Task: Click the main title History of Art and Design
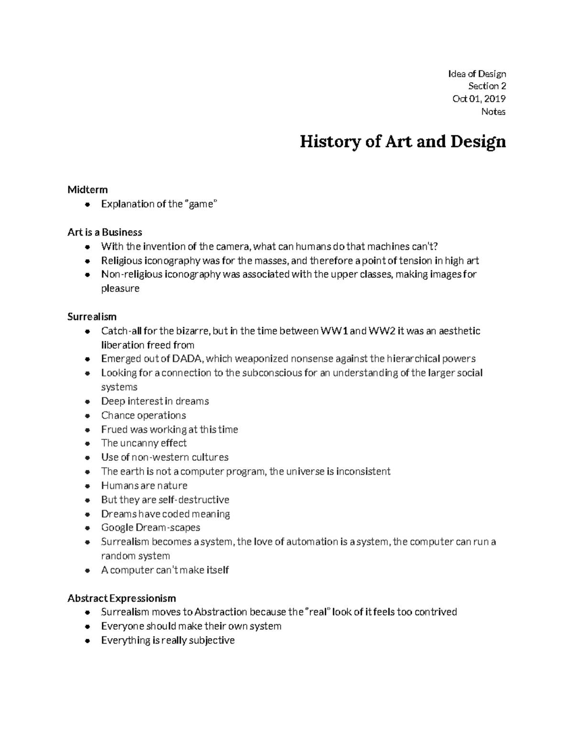click(x=402, y=142)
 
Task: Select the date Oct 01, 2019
click(x=479, y=99)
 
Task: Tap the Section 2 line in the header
click(x=487, y=86)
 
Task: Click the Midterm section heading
click(x=88, y=189)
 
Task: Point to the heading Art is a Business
click(x=105, y=232)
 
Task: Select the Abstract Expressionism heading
click(x=121, y=598)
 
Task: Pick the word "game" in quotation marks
click(x=201, y=204)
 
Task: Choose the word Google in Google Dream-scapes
click(x=117, y=528)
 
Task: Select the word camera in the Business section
click(x=233, y=246)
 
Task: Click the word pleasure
click(x=120, y=288)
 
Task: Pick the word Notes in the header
click(x=493, y=111)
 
